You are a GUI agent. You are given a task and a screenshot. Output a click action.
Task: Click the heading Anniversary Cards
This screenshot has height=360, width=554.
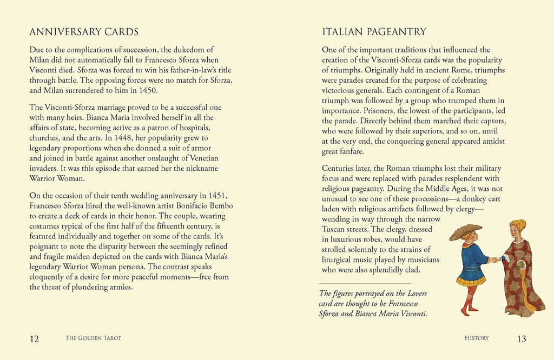tap(84, 32)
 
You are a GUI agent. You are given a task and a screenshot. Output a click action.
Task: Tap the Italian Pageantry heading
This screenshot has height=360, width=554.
tap(374, 32)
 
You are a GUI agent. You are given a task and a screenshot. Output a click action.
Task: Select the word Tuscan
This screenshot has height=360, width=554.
tap(335, 229)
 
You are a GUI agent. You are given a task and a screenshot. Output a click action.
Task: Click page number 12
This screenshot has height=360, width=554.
tap(34, 339)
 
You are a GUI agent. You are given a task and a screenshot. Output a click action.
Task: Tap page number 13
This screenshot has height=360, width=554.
tap(521, 339)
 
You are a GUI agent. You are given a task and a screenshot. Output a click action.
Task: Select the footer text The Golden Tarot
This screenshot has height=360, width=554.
tap(93, 338)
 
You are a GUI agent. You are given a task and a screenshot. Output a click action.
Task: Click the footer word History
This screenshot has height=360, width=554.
tap(477, 338)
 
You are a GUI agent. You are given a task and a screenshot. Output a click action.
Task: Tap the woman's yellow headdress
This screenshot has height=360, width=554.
tap(518, 224)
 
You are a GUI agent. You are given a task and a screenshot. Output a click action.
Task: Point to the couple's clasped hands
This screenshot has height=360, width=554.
tap(496, 259)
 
